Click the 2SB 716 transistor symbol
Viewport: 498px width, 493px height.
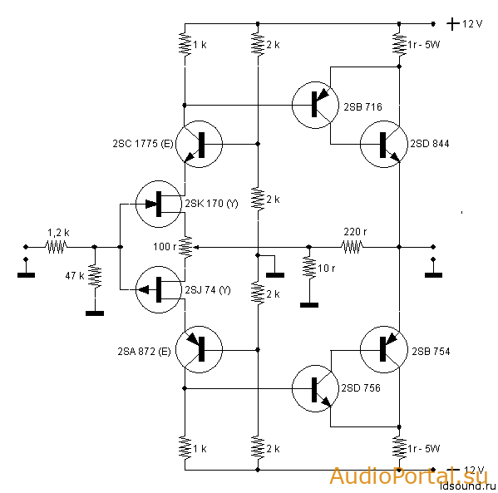pos(315,105)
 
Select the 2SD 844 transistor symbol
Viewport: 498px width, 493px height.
pos(383,144)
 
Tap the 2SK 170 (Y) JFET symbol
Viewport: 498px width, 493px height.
pos(159,204)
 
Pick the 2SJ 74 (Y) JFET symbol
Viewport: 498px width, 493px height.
pos(159,289)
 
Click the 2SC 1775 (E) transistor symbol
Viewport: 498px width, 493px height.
pos(199,144)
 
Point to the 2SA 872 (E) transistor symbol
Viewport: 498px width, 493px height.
pos(199,349)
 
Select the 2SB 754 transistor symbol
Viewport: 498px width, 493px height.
pos(383,349)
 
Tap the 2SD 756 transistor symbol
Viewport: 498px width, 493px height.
pos(315,388)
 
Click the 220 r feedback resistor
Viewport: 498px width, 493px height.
pos(352,247)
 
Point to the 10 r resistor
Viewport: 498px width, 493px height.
pos(309,268)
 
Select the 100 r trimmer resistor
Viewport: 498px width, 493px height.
pos(187,247)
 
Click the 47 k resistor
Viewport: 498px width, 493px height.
pos(95,276)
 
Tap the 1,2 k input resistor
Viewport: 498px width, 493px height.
pos(57,247)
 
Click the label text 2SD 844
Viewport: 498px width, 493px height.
pos(430,144)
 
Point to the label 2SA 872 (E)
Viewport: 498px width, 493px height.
pos(144,352)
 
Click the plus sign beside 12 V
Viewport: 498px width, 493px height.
pos(453,24)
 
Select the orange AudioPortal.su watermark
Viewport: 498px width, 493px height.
pos(408,476)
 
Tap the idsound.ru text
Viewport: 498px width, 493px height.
pos(468,486)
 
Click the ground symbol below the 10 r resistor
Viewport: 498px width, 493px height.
pos(309,305)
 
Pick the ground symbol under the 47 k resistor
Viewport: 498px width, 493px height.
pos(95,313)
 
